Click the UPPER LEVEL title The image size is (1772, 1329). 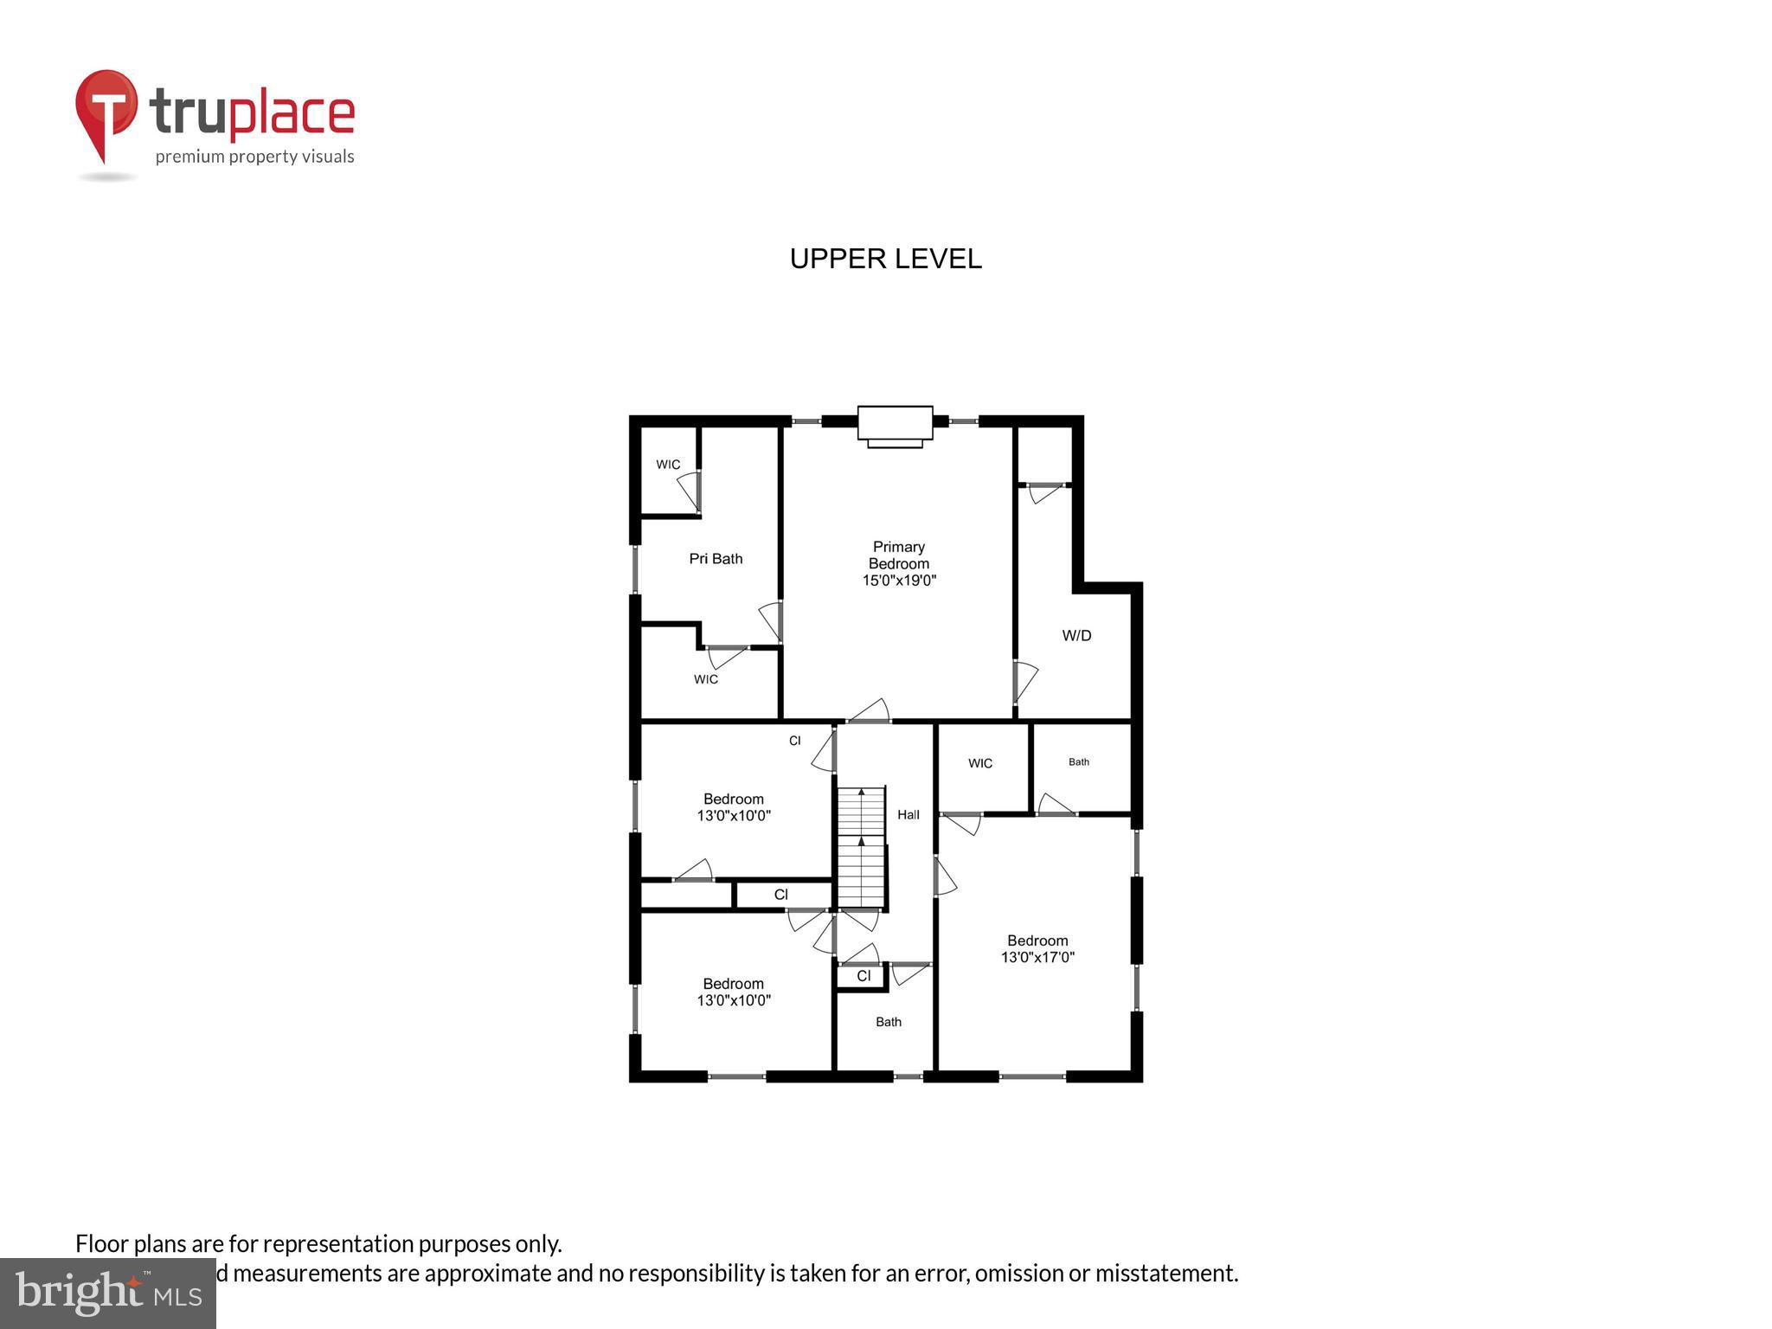(x=885, y=259)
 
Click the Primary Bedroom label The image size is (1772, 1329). (x=898, y=555)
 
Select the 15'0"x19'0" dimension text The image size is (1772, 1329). (x=899, y=581)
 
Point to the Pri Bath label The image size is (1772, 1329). (x=716, y=559)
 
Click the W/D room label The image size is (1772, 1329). (x=1076, y=636)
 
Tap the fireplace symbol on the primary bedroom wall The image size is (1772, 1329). (x=895, y=426)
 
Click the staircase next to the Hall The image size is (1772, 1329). (x=861, y=847)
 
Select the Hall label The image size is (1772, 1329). (x=908, y=814)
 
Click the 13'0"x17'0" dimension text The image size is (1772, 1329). (x=1037, y=958)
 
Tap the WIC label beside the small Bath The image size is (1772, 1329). (x=980, y=763)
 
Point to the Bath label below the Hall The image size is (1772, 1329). (x=889, y=1022)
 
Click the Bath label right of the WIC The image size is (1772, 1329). (x=1078, y=762)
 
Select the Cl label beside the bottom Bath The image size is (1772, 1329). (x=864, y=976)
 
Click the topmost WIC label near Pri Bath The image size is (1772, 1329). (x=668, y=465)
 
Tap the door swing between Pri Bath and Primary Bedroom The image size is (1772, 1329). (x=772, y=621)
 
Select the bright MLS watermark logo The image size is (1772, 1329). (x=108, y=1294)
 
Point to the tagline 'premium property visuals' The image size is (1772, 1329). (x=254, y=157)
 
